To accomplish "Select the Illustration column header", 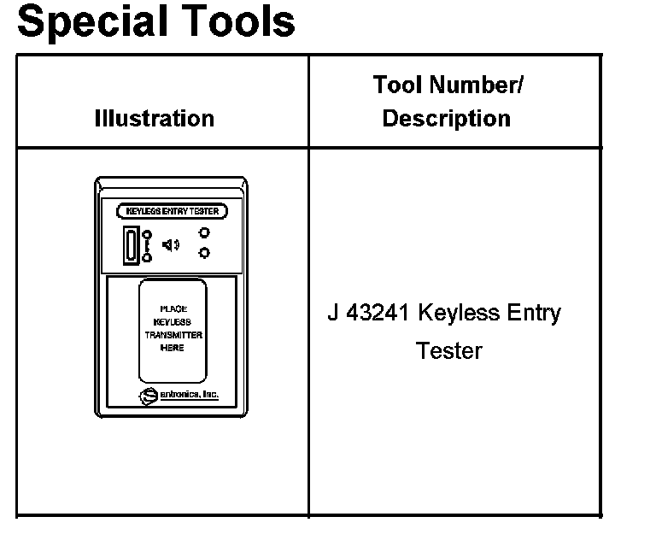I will [x=155, y=118].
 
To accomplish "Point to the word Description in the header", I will [x=447, y=119].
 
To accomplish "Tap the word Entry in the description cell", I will [x=531, y=314].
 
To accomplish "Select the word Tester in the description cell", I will [x=449, y=350].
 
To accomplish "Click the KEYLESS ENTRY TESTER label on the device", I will [x=172, y=211].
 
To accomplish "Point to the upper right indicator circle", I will [x=204, y=232].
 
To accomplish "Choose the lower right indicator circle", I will [x=204, y=252].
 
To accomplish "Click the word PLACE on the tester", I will [x=173, y=309].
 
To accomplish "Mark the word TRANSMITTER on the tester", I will [x=173, y=335].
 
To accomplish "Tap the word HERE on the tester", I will [x=173, y=348].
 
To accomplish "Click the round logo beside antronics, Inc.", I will [x=148, y=395].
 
